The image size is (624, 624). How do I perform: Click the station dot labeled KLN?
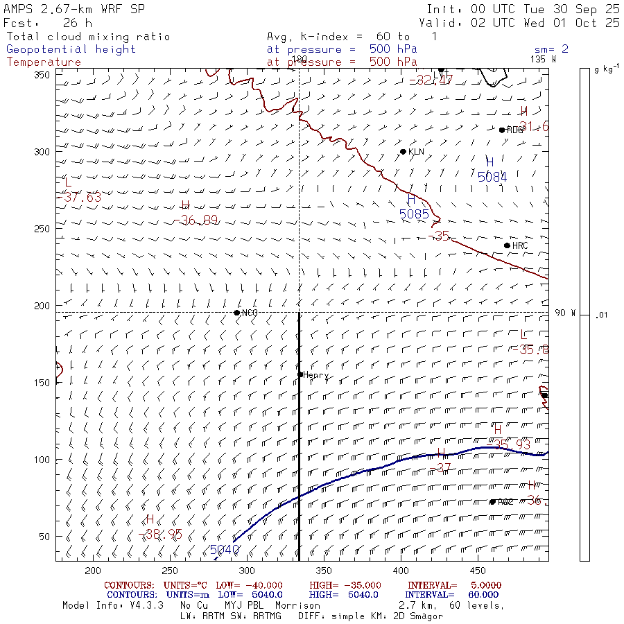click(x=403, y=151)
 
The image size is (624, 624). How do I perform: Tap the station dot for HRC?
click(x=507, y=245)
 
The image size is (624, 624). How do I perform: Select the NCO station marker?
click(x=237, y=313)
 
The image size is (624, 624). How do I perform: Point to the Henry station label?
click(x=316, y=375)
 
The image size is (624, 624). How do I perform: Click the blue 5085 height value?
click(x=415, y=215)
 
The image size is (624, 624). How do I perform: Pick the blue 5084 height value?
click(x=492, y=177)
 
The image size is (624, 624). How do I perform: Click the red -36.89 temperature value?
click(x=199, y=220)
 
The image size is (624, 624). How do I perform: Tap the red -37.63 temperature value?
click(x=82, y=198)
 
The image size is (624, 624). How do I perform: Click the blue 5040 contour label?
click(x=224, y=550)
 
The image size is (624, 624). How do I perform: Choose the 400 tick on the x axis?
click(x=400, y=571)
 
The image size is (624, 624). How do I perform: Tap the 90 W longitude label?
click(x=566, y=313)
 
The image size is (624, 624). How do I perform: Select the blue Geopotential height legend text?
click(x=71, y=49)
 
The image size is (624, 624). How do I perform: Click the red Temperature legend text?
click(x=44, y=62)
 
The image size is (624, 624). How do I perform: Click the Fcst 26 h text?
click(x=48, y=23)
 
